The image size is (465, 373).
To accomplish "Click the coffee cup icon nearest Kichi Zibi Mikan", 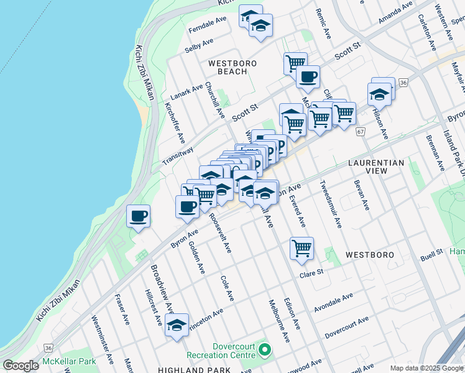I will click(x=139, y=217).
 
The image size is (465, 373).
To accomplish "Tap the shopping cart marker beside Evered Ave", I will click(x=302, y=249).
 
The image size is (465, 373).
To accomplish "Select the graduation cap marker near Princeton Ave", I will click(x=177, y=325).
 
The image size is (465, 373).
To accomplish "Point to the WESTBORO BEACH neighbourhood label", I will click(x=228, y=67).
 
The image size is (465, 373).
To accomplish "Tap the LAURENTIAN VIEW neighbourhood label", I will click(x=376, y=167).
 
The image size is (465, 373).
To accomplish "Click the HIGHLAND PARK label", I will click(x=186, y=369).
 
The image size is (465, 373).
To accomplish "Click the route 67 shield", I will click(x=361, y=132).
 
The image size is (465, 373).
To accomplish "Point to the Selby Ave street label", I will click(x=199, y=45).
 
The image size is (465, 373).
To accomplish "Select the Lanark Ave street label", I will click(x=186, y=93).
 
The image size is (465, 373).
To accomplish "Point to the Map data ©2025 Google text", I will click(x=426, y=368).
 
